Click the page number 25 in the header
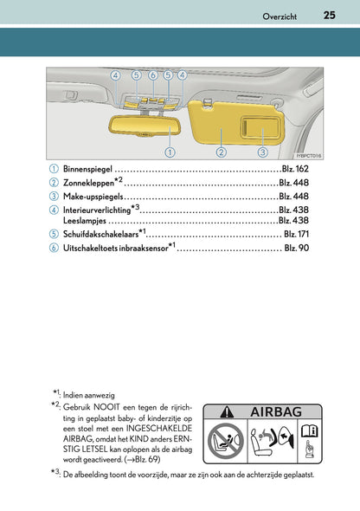pos(329,15)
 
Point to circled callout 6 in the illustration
pos(152,76)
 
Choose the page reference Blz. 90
pos(297,249)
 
